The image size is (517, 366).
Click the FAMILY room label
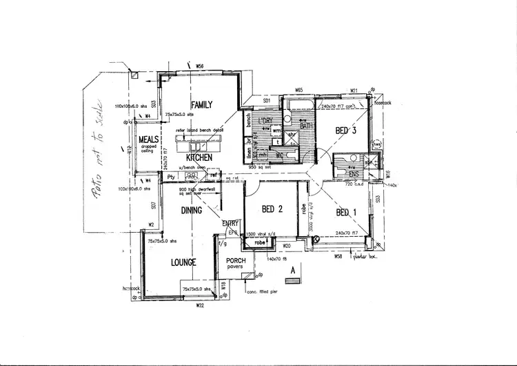pyautogui.click(x=201, y=105)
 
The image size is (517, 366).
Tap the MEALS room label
pyautogui.click(x=148, y=139)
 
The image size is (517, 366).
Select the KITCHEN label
pyautogui.click(x=198, y=157)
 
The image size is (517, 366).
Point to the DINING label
pyautogui.click(x=192, y=210)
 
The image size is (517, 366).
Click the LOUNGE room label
pyautogui.click(x=184, y=262)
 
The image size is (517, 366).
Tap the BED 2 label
pyautogui.click(x=273, y=209)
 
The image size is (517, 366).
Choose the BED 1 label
pyautogui.click(x=347, y=213)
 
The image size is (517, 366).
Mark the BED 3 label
pyautogui.click(x=346, y=131)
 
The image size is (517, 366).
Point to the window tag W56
pyautogui.click(x=200, y=66)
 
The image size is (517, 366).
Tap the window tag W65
pyautogui.click(x=299, y=90)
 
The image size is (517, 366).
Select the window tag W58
pyautogui.click(x=338, y=256)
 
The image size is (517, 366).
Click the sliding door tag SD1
pyautogui.click(x=265, y=100)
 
